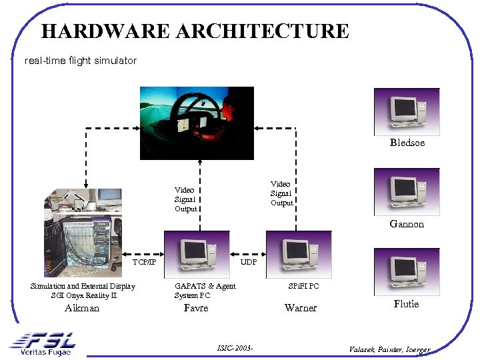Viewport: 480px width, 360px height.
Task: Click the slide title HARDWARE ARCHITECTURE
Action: [194, 31]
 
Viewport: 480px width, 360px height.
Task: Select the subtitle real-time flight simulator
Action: [80, 61]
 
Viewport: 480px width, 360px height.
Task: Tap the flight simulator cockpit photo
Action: [197, 123]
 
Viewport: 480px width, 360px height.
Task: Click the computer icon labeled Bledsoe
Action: [407, 111]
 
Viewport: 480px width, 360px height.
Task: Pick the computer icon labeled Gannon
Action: [407, 191]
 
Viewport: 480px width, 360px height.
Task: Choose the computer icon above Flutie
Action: [407, 272]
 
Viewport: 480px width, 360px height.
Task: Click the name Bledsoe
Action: [407, 143]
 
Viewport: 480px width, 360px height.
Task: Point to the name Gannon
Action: [407, 224]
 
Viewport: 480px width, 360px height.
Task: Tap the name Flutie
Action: [407, 304]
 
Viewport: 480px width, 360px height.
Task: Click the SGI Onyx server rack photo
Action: [83, 232]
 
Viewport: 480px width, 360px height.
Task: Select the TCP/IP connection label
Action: [144, 262]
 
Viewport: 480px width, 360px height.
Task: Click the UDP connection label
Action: [248, 262]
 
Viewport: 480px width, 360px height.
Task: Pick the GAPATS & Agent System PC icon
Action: [197, 254]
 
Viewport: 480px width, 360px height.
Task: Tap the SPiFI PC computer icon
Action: [299, 254]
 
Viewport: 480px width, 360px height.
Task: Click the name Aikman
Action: [82, 308]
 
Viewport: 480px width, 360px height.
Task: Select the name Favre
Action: [195, 308]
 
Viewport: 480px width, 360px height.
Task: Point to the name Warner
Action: [301, 308]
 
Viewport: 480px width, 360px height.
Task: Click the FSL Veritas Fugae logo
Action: [43, 344]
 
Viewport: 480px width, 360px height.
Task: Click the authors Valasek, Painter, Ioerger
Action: [389, 349]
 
